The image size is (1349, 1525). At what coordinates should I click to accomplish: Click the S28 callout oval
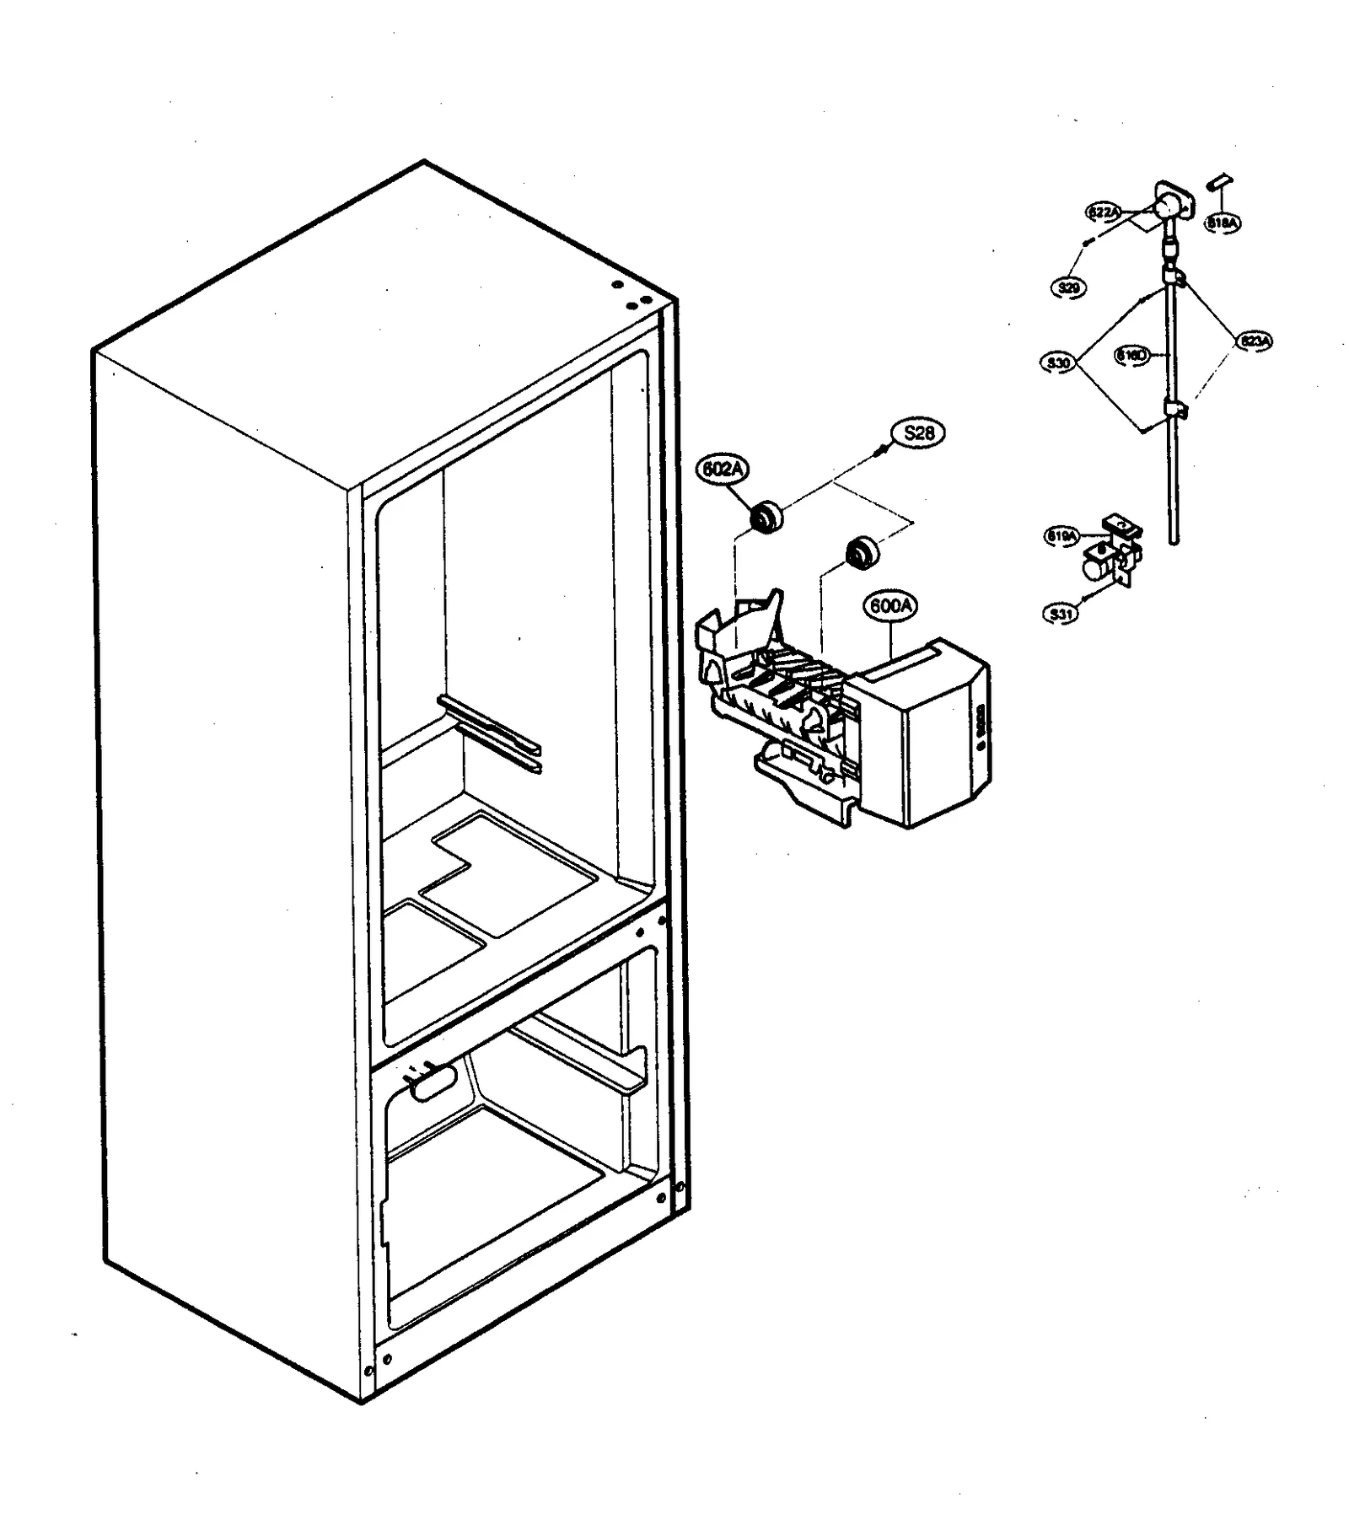tap(918, 433)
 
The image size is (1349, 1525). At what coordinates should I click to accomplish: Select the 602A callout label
tap(723, 470)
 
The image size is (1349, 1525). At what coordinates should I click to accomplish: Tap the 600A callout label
tap(890, 605)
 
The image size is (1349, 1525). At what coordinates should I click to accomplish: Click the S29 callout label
tap(1068, 287)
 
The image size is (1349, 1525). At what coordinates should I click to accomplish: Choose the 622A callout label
tap(1102, 212)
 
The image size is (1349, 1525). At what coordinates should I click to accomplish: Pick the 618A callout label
tap(1223, 223)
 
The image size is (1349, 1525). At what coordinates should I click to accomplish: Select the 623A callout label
tap(1255, 341)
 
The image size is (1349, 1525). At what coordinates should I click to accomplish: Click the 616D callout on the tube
tap(1131, 356)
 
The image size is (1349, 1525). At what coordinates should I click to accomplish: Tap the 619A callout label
tap(1061, 535)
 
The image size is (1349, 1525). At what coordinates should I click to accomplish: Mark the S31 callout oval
tap(1061, 614)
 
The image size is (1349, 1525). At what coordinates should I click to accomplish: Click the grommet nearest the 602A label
tap(766, 516)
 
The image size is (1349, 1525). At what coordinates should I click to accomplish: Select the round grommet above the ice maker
tap(863, 552)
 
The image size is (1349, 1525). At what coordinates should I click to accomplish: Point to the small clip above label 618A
tap(1221, 180)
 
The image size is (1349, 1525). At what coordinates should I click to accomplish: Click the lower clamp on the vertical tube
tap(1176, 410)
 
